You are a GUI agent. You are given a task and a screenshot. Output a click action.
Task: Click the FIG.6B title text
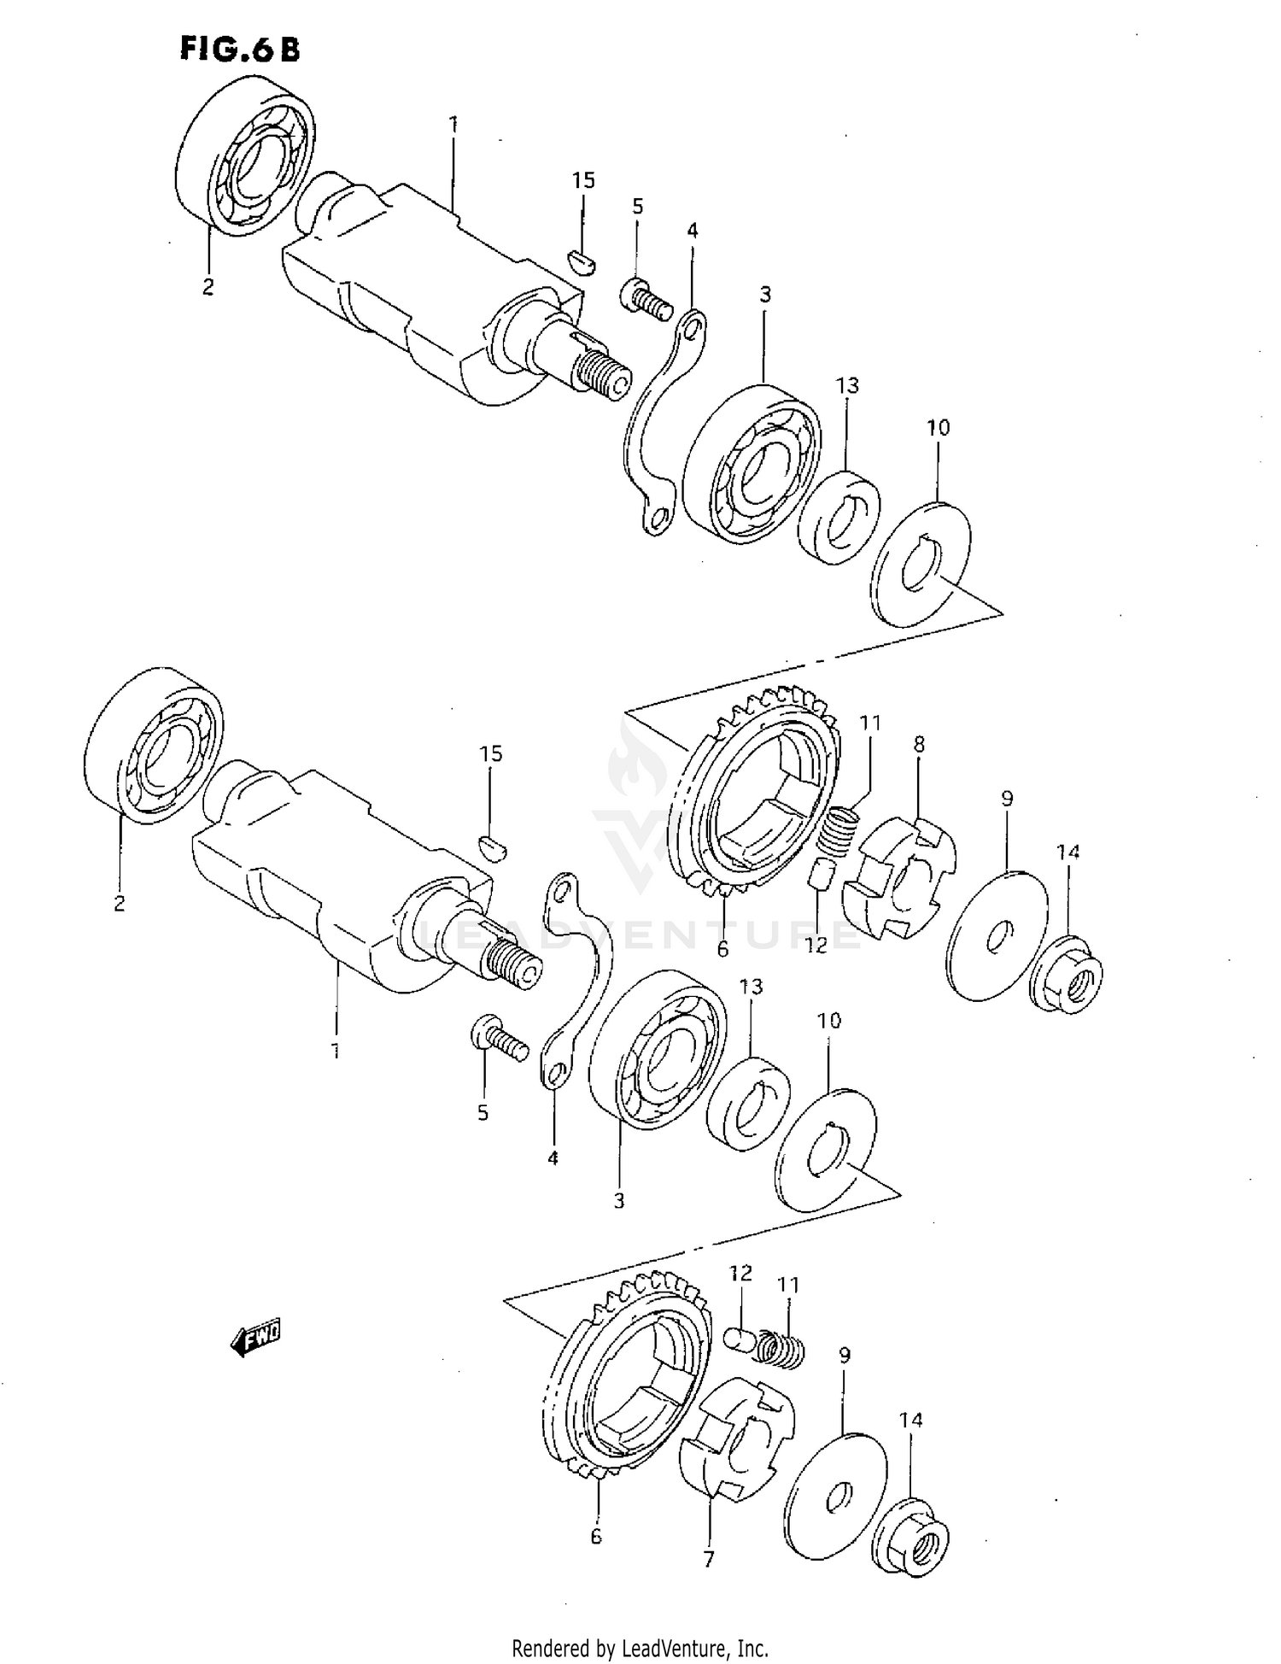240,50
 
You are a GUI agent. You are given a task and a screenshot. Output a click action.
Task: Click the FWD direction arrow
255,1339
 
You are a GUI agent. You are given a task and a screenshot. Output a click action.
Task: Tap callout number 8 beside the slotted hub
919,744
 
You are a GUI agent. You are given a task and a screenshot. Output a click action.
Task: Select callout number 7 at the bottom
708,1560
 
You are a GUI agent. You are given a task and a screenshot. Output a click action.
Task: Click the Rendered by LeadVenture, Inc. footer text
640,1648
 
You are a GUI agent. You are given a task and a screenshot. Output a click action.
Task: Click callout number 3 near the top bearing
765,295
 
